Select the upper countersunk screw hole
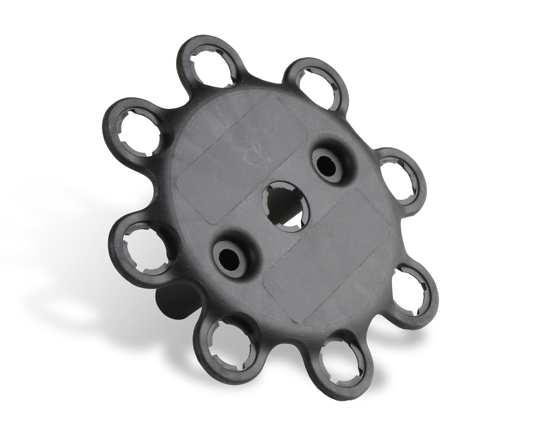click(x=328, y=165)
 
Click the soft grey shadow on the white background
click(x=76, y=297)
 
